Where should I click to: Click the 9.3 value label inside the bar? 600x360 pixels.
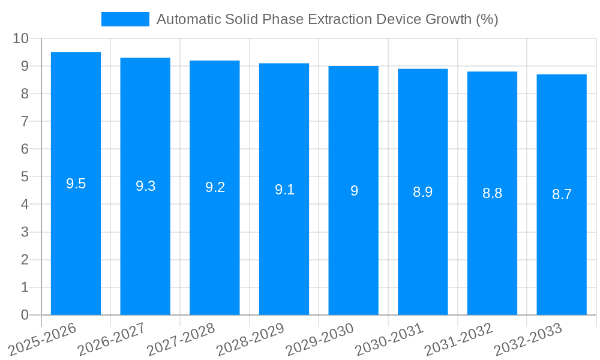(145, 186)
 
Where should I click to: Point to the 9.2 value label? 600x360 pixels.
(215, 187)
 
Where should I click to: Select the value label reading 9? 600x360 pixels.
(354, 191)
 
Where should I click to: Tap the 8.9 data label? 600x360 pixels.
(422, 192)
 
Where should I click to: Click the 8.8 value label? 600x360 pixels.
(492, 193)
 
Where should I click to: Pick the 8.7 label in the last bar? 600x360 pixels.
(562, 194)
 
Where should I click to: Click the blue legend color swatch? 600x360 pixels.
(125, 19)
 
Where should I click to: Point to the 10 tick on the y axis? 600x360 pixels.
(20, 38)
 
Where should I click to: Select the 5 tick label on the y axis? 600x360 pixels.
(25, 176)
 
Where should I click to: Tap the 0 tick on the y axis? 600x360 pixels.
(25, 315)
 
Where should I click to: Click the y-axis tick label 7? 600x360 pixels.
(25, 121)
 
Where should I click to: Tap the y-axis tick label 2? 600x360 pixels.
(25, 260)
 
